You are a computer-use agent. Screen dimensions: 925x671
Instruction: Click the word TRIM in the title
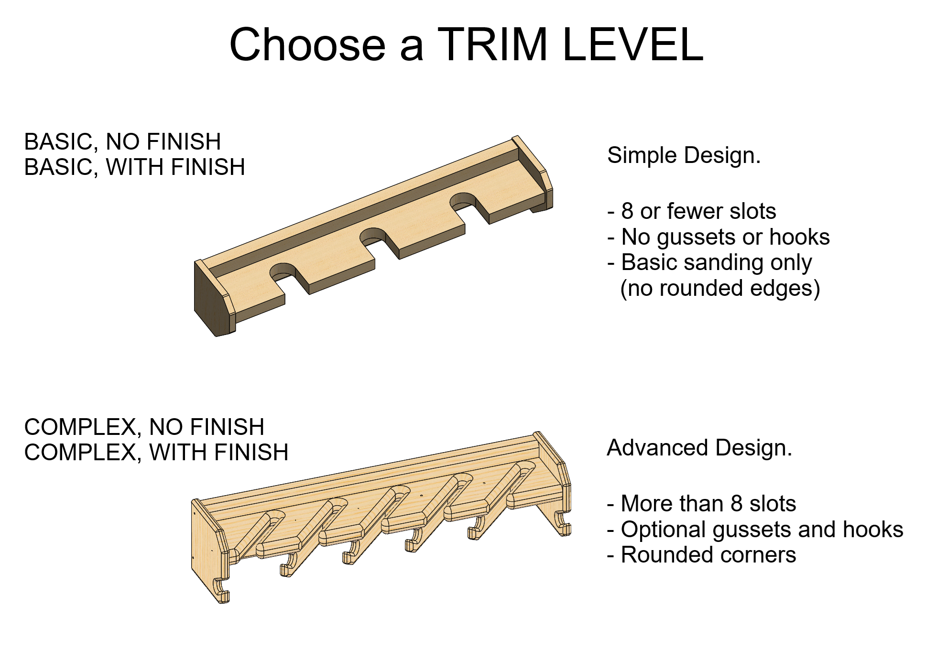492,44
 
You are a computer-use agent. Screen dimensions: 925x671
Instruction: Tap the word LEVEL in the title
633,44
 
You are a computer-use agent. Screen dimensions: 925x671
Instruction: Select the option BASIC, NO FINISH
122,142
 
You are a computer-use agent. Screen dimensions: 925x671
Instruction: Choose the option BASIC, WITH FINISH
134,167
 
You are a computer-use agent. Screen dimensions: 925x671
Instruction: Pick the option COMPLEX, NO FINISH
144,427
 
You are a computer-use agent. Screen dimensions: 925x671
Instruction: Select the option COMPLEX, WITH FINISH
156,453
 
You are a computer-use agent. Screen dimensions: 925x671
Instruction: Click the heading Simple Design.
684,156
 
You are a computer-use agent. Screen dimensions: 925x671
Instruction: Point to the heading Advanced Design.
699,448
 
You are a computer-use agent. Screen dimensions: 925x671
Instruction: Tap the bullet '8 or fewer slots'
692,211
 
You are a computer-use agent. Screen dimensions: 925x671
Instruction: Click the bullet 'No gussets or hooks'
718,237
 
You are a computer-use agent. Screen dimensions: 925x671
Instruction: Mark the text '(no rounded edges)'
720,289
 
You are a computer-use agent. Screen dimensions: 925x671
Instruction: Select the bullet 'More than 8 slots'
702,504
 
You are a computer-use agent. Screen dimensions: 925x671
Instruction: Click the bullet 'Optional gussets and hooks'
755,530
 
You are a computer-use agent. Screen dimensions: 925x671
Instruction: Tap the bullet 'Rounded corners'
702,555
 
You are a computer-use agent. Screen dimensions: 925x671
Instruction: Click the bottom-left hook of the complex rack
221,591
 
